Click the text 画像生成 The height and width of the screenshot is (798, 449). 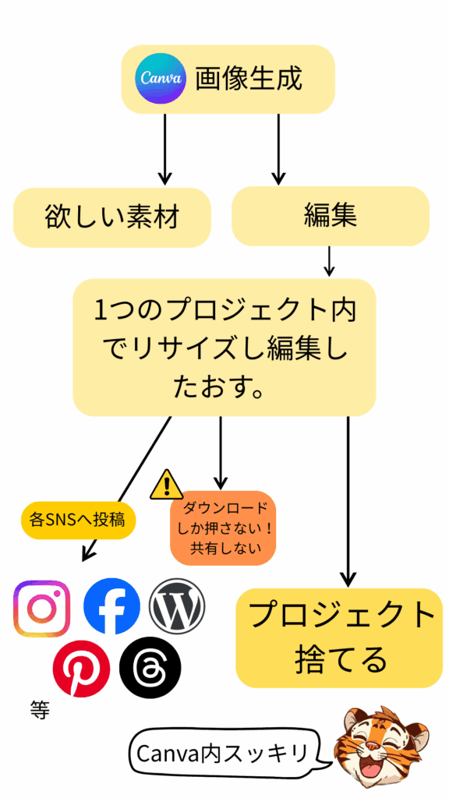click(248, 79)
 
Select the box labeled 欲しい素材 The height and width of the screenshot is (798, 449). click(113, 217)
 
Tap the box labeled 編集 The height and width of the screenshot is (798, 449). click(331, 216)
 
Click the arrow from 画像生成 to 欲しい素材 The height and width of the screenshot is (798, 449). click(164, 148)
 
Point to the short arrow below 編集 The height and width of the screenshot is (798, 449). click(329, 261)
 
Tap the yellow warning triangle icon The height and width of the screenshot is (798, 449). click(166, 485)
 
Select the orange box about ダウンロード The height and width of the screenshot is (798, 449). click(224, 527)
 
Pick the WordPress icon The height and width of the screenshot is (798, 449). click(177, 606)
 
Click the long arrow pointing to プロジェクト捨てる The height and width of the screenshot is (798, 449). click(348, 499)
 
